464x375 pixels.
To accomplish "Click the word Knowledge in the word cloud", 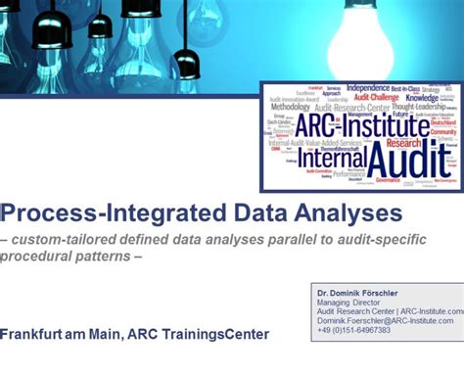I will coord(422,99).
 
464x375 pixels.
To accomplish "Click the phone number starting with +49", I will coord(353,331).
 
